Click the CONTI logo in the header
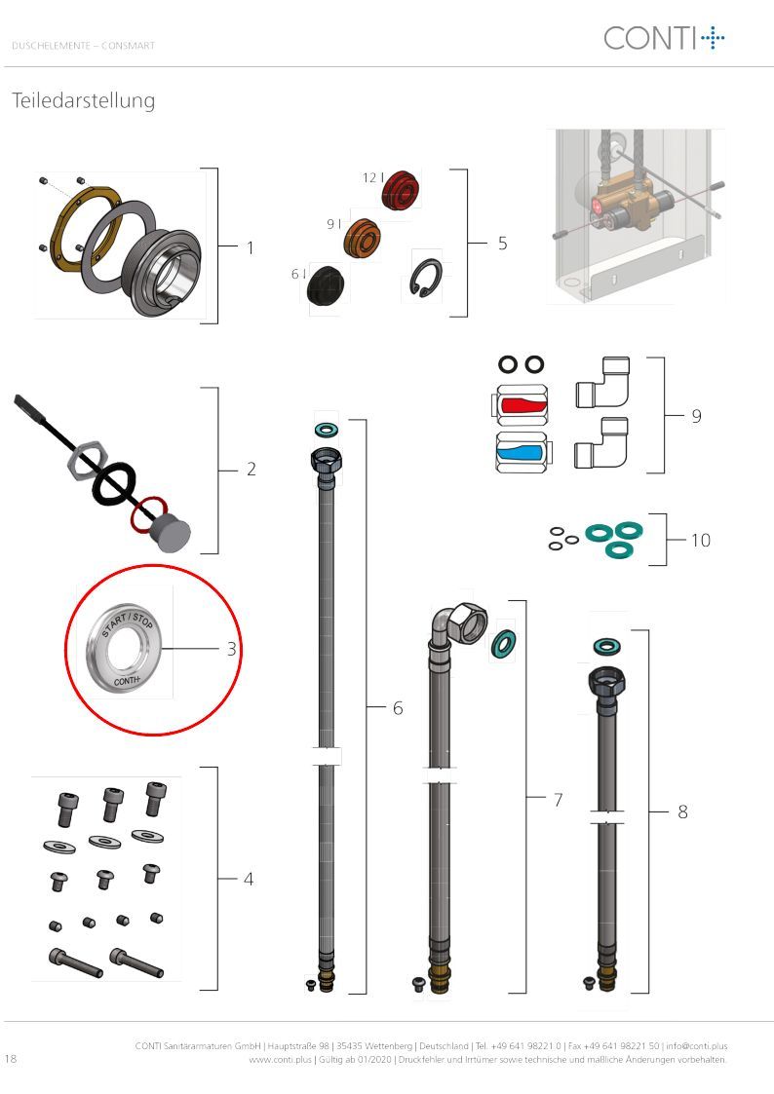(664, 38)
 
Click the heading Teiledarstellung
(83, 100)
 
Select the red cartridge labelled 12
(401, 189)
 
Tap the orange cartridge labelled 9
(363, 238)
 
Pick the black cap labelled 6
(326, 284)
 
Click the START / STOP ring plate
(124, 649)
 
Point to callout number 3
(232, 649)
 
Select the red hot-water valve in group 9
(522, 404)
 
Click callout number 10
(701, 540)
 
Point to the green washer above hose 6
(326, 428)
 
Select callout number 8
(682, 811)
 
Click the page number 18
(11, 1058)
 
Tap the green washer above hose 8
(605, 647)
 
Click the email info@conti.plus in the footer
(697, 1046)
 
